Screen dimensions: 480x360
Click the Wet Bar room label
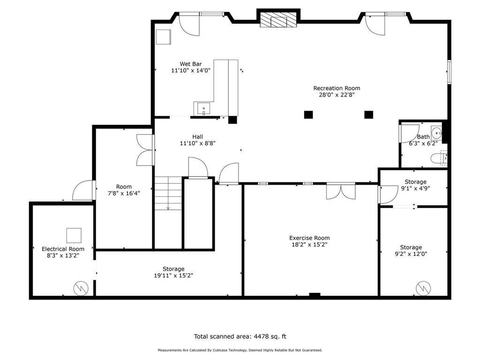(191, 64)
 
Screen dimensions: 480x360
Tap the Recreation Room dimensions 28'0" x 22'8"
(337, 95)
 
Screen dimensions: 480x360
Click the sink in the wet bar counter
(203, 109)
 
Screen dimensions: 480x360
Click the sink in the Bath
(436, 133)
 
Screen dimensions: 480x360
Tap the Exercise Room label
(309, 238)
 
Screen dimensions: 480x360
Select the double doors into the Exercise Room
(341, 191)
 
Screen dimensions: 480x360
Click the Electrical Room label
(63, 249)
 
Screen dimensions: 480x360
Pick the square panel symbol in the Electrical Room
(74, 235)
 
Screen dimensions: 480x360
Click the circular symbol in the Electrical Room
(81, 288)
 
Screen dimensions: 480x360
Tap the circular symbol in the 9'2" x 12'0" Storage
(423, 288)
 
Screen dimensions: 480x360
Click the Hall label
(197, 137)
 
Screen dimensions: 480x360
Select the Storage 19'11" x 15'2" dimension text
(173, 276)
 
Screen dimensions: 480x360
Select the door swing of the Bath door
(409, 133)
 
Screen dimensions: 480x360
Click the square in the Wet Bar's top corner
(163, 37)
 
